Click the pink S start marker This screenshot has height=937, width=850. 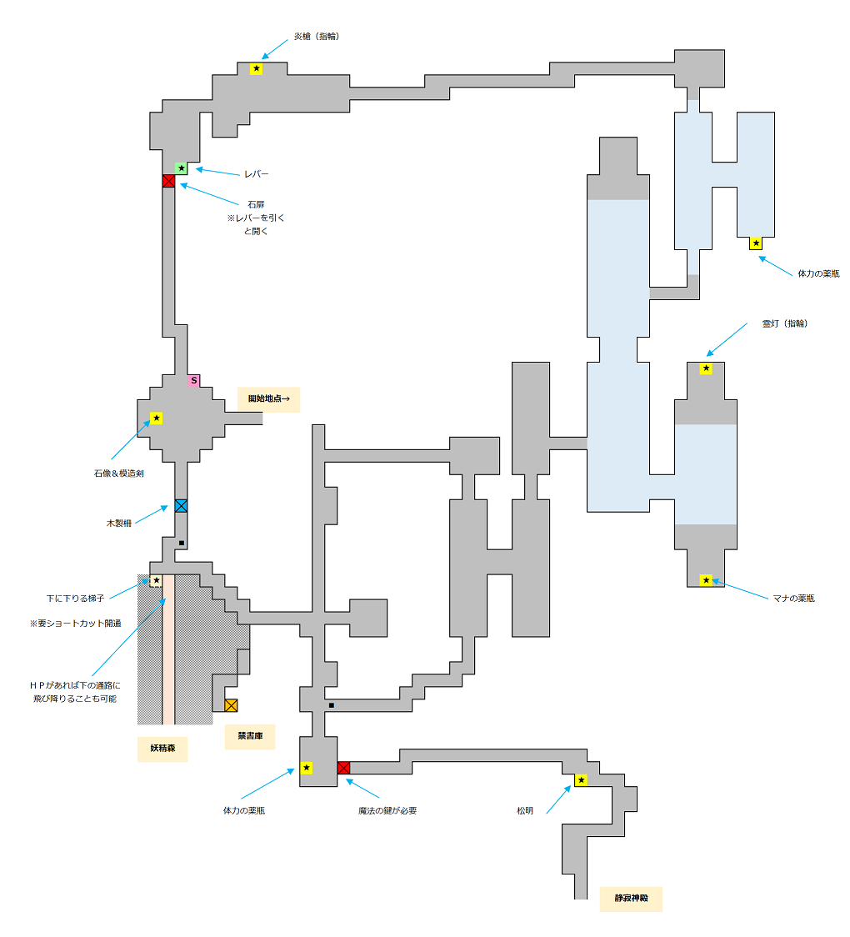[x=193, y=380]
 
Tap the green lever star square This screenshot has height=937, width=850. [x=181, y=168]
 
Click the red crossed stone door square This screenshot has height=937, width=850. [x=168, y=181]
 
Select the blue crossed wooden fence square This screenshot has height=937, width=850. [x=181, y=505]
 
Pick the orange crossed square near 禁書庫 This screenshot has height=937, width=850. [x=231, y=705]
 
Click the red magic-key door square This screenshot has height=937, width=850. [x=343, y=768]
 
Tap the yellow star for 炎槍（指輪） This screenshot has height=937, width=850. [x=256, y=68]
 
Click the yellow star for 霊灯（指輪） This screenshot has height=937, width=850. [x=706, y=368]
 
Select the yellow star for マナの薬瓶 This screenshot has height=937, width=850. [x=706, y=580]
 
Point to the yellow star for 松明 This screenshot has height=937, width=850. [x=581, y=780]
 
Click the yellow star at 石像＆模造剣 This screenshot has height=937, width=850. [x=156, y=418]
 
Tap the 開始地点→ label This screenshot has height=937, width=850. [x=268, y=399]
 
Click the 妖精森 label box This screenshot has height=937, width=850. [x=162, y=749]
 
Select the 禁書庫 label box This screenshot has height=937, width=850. [x=249, y=736]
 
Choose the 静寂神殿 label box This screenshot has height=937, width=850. [x=631, y=899]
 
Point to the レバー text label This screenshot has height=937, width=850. [x=256, y=174]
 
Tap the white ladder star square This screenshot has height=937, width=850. [x=156, y=580]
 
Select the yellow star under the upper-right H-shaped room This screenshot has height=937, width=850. [x=756, y=243]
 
